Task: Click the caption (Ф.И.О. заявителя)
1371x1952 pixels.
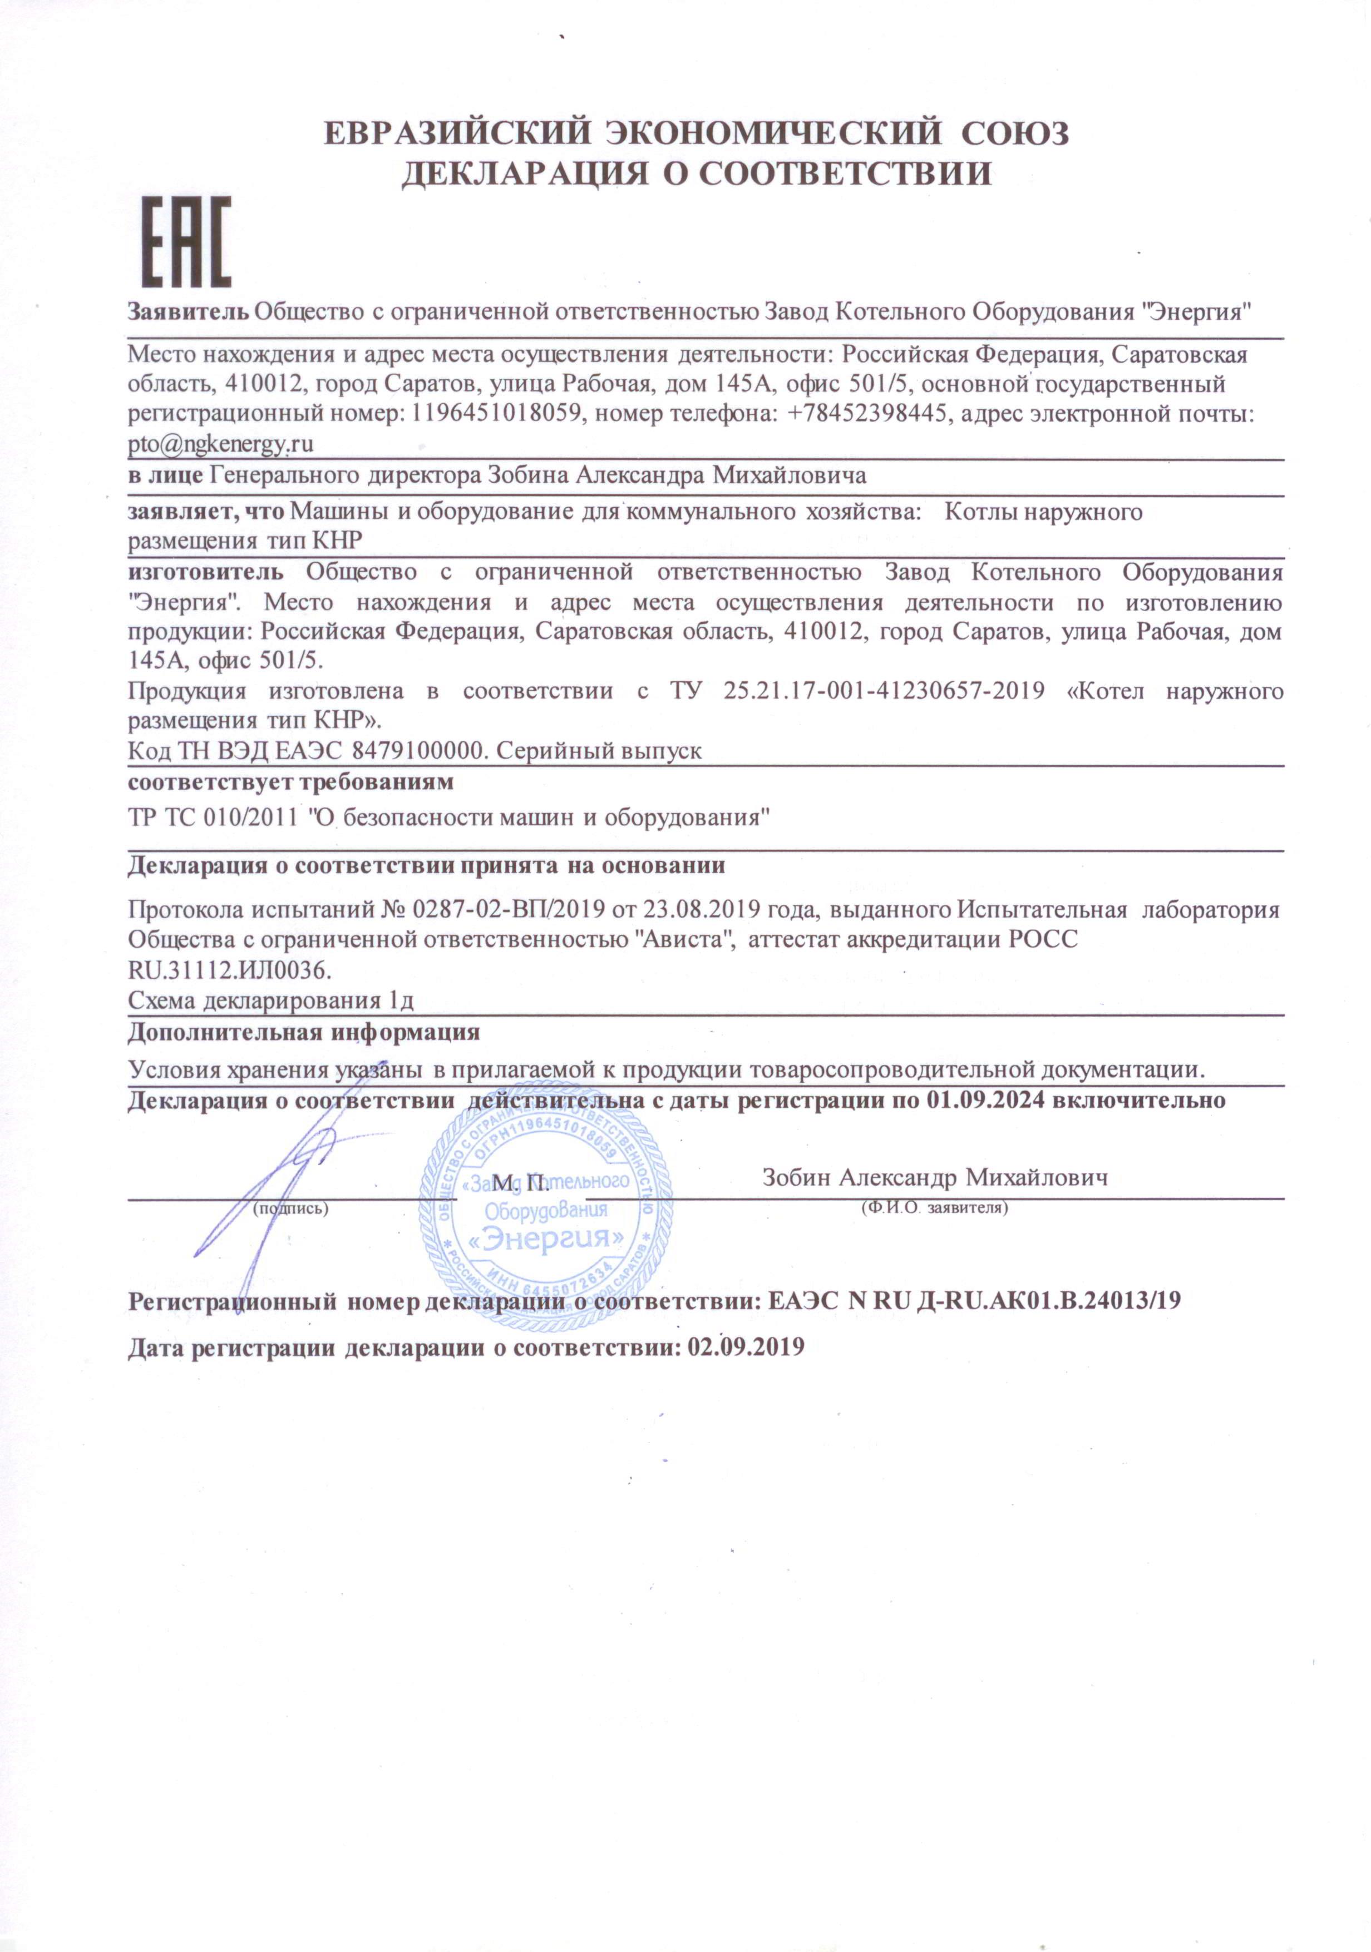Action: click(x=934, y=1207)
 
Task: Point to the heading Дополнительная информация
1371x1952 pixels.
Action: click(x=304, y=1033)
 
